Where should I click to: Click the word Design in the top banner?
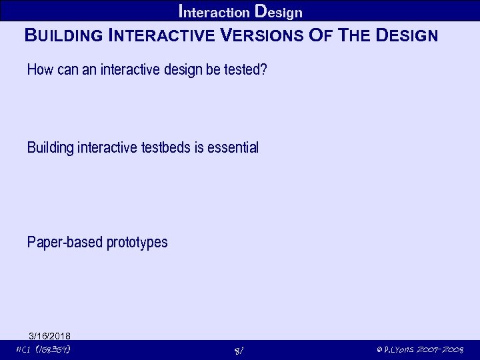279,11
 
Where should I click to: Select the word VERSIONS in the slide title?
263,35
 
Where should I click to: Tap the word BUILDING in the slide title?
63,35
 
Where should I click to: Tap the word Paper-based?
65,242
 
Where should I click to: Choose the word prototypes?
137,242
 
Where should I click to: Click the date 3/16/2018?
50,335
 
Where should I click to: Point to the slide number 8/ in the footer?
240,350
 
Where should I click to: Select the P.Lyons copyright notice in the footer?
419,349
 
